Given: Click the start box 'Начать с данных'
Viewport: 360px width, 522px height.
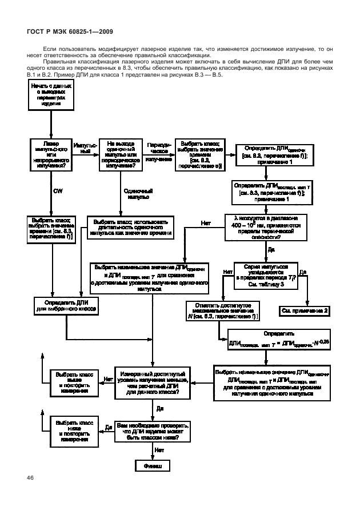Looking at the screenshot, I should [x=51, y=95].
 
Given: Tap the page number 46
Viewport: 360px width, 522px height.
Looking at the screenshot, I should [x=30, y=477].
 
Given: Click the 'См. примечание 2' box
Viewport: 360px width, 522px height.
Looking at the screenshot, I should [x=305, y=310].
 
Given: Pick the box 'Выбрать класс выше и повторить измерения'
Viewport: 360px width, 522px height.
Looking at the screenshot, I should [x=70, y=381].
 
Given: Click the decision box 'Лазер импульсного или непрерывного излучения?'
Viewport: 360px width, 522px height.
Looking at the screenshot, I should [x=51, y=153].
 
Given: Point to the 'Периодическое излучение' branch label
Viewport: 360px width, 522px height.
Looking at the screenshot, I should [x=158, y=153].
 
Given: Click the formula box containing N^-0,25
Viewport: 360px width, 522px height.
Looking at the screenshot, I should [x=278, y=338].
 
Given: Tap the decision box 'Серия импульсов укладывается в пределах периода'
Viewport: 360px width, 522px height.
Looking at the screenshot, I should [x=266, y=274].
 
